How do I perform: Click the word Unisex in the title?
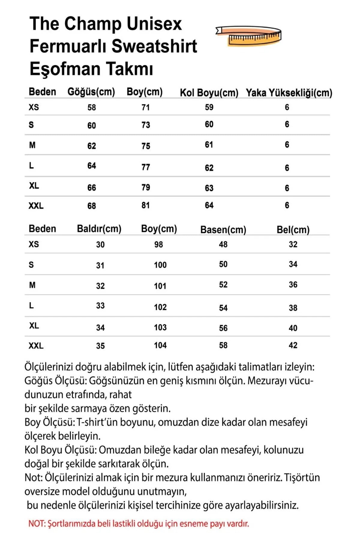click(x=154, y=24)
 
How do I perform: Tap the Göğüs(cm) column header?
click(x=91, y=92)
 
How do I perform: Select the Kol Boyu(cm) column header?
click(x=209, y=93)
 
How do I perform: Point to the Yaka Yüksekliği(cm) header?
click(x=289, y=93)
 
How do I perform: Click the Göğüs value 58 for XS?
click(x=91, y=107)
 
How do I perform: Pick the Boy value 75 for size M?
click(x=146, y=146)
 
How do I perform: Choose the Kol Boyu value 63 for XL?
click(x=209, y=188)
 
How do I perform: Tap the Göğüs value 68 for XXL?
click(x=91, y=206)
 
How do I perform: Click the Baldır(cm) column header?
click(x=99, y=229)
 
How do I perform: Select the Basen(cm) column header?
click(x=223, y=230)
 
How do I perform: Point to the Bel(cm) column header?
click(x=293, y=230)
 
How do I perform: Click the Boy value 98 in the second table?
click(x=159, y=244)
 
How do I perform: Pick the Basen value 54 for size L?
click(x=223, y=308)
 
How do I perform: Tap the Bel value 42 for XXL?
click(x=293, y=345)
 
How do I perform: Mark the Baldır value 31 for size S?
click(x=100, y=265)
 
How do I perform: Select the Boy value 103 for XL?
click(x=160, y=327)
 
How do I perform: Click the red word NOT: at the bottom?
click(x=37, y=524)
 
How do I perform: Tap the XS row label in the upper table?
click(x=34, y=107)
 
